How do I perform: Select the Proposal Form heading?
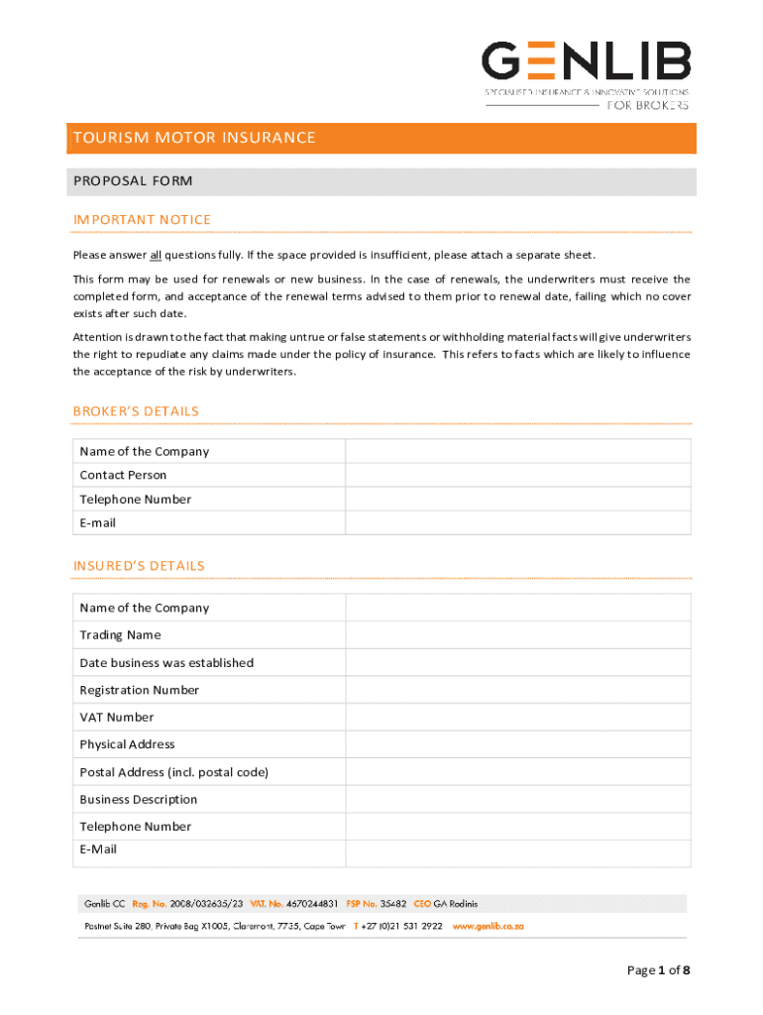(x=133, y=181)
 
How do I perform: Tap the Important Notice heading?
(x=142, y=219)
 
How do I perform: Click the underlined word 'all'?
(x=156, y=255)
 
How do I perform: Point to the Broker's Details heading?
(x=136, y=410)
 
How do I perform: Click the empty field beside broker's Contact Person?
(x=517, y=475)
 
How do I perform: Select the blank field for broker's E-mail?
(x=517, y=522)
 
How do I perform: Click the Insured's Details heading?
(x=139, y=565)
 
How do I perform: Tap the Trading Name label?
(x=120, y=634)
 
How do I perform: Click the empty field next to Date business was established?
(x=517, y=662)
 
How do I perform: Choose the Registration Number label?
(x=139, y=690)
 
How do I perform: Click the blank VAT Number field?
(x=517, y=717)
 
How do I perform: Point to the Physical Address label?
(x=127, y=744)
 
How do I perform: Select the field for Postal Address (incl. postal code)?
(x=517, y=771)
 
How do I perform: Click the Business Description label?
(x=138, y=799)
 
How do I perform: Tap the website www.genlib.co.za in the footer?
(x=488, y=926)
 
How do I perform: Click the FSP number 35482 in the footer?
(x=392, y=904)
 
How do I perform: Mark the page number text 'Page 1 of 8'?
(x=658, y=970)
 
